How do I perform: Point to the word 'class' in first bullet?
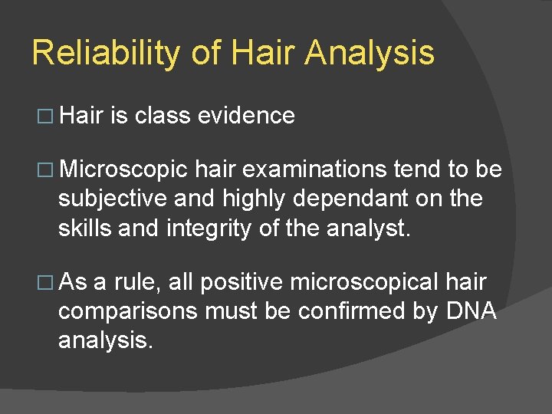163,116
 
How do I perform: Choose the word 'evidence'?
246,116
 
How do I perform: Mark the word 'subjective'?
113,199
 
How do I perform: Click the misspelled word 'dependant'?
356,199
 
